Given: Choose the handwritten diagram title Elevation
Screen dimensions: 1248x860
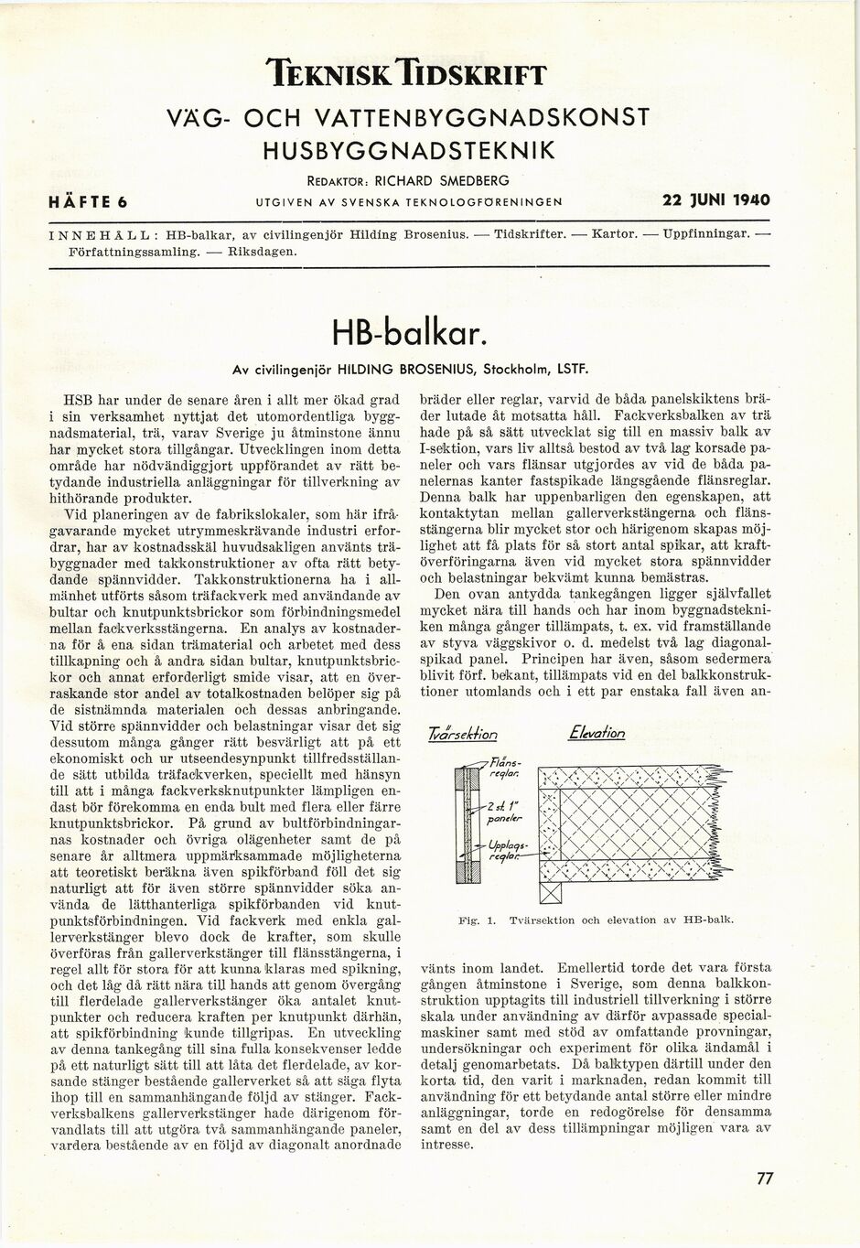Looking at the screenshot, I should click(596, 732).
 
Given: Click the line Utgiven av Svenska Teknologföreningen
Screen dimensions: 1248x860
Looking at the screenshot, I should click(409, 201).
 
